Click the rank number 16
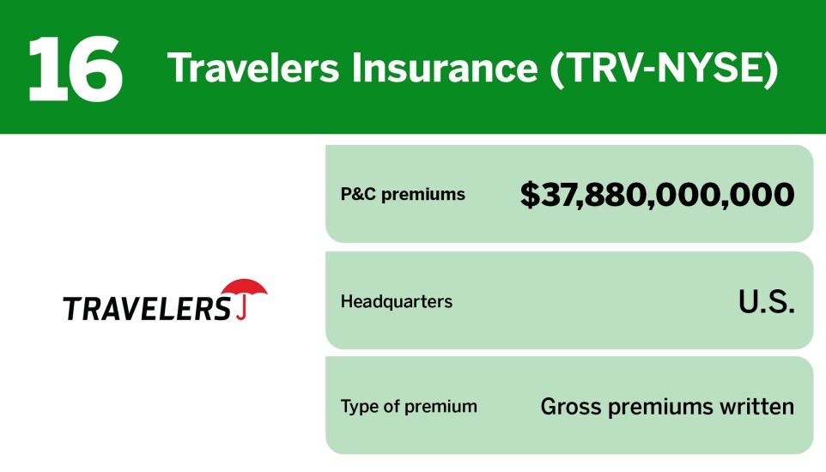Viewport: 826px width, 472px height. pos(76,68)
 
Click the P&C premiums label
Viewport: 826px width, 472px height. pos(403,194)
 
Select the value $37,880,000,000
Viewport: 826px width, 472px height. pos(657,195)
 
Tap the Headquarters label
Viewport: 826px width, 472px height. pos(396,301)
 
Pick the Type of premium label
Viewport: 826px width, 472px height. pos(409,406)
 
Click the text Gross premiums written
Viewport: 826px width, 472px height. pos(667,406)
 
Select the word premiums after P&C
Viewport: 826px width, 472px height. pos(424,195)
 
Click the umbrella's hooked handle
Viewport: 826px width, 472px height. pos(244,310)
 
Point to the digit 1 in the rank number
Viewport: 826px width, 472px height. pos(46,68)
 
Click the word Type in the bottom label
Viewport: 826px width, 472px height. pos(359,406)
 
